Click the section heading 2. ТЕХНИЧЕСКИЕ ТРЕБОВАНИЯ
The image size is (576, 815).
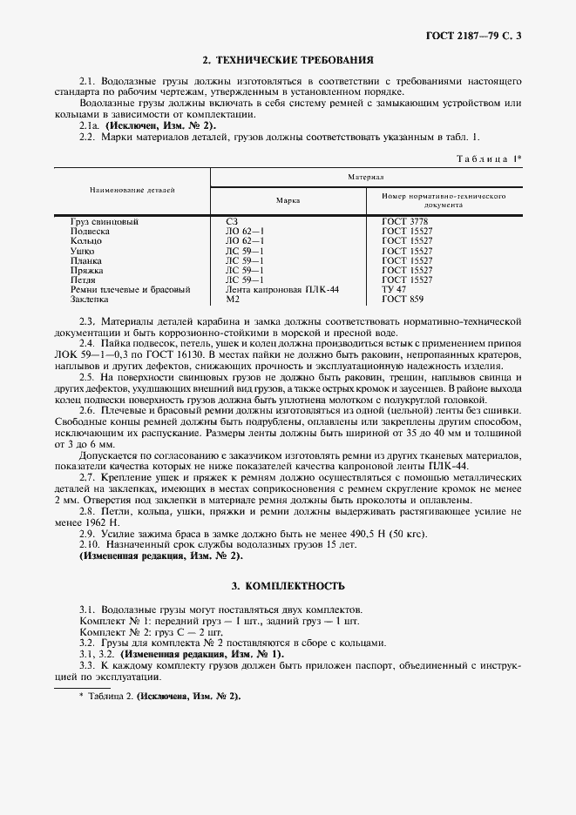[288, 61]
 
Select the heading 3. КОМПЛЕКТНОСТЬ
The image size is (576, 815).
[288, 585]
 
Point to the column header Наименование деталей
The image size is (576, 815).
[132, 189]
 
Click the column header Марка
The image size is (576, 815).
[288, 200]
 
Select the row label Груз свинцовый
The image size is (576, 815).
[105, 222]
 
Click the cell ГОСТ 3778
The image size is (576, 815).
[406, 222]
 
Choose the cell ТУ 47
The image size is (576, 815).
[394, 289]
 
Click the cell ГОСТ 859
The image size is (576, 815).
[403, 299]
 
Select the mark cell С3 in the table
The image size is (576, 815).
[231, 222]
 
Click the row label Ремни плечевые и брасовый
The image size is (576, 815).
[130, 289]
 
